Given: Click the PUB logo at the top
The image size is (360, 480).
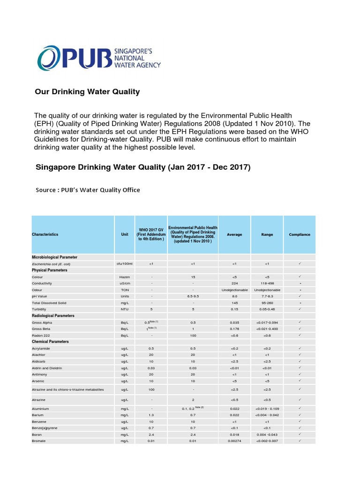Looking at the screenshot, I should (99, 58).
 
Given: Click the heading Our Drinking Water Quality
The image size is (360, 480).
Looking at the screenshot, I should (87, 92).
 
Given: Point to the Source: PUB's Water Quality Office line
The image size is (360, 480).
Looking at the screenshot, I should (88, 190).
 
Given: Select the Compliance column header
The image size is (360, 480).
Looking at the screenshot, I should (300, 234).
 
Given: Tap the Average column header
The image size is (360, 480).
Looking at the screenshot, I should (234, 234).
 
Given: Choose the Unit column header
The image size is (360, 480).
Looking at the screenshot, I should (124, 234).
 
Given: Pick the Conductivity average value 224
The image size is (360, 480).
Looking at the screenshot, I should (234, 284).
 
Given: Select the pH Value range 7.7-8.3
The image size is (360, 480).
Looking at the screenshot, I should (267, 296).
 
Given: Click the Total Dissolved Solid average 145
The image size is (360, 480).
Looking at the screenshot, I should (234, 303).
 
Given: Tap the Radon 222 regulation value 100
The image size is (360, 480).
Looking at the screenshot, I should (193, 335).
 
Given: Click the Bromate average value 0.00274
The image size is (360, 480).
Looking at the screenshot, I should (234, 441).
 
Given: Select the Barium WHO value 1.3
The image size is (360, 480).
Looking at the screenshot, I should (151, 415).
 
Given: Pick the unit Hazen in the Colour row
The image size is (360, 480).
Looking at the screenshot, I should (124, 277).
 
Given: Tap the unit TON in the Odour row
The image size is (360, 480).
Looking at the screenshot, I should (124, 290).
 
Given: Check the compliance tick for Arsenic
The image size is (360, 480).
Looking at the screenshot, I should (300, 381).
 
